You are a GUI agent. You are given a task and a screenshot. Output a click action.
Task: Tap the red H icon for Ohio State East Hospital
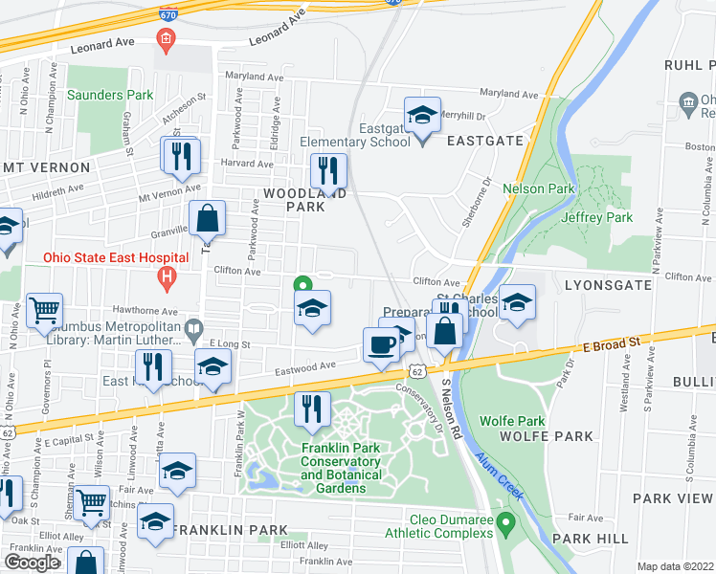click(168, 278)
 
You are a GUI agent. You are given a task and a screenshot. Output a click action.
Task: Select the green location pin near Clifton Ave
click(302, 284)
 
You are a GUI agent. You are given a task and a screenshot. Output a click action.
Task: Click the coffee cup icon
click(380, 345)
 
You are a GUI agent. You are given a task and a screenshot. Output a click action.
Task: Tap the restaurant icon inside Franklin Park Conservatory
click(311, 411)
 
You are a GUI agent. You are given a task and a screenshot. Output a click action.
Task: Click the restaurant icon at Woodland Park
click(328, 172)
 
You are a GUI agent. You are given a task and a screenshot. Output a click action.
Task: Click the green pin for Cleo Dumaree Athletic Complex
click(507, 522)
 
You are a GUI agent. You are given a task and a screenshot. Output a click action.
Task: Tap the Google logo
click(32, 562)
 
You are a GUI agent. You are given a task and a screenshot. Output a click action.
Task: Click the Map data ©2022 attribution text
click(675, 566)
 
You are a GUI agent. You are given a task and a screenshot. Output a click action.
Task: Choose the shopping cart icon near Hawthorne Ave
click(44, 311)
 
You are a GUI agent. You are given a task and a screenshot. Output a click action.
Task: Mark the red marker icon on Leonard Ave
click(166, 40)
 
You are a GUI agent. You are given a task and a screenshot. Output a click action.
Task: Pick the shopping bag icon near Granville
click(207, 220)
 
